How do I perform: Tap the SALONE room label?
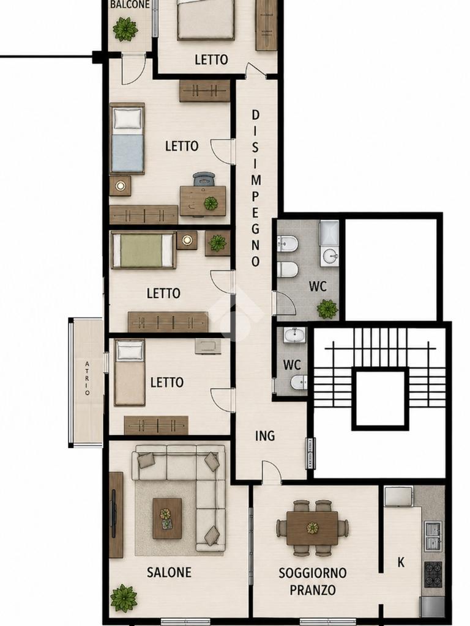[x=169, y=572]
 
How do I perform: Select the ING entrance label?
[x=265, y=435]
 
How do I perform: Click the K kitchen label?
[x=401, y=562]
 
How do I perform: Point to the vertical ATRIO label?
[x=87, y=378]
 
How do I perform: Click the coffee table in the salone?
[x=167, y=518]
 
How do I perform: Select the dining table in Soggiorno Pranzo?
[x=312, y=528]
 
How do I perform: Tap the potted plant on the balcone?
[x=125, y=29]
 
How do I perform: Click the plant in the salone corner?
[x=124, y=598]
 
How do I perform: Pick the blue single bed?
[x=127, y=139]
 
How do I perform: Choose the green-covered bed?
[x=143, y=250]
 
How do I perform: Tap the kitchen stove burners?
[x=433, y=574]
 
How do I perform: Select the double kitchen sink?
[x=433, y=536]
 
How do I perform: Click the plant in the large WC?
[x=327, y=309]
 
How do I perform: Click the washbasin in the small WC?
[x=295, y=335]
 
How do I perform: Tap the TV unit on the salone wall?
[x=116, y=515]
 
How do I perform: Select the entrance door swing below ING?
[x=271, y=472]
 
